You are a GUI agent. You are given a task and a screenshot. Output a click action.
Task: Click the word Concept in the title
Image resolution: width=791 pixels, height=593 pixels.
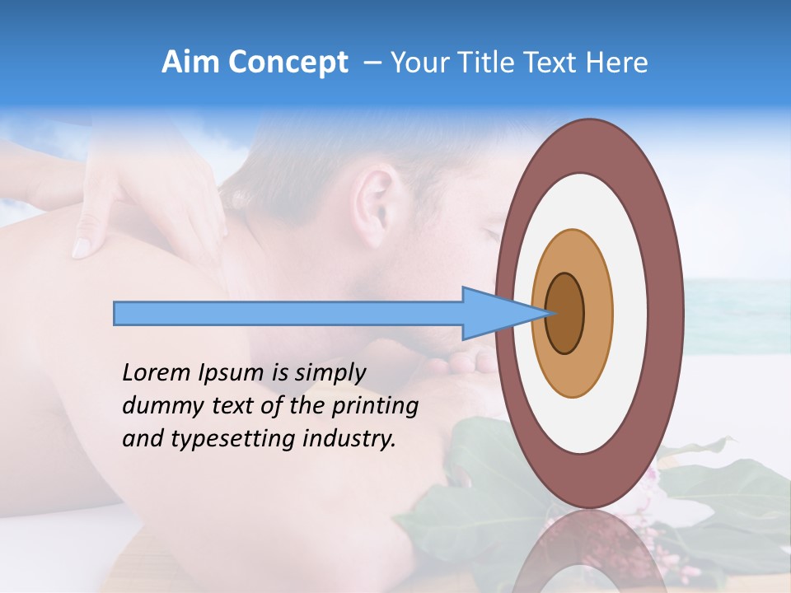(288, 63)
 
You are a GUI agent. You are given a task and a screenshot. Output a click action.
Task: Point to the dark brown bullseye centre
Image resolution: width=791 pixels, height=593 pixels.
(565, 314)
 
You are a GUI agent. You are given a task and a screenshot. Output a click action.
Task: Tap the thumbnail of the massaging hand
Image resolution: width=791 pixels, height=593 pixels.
(82, 246)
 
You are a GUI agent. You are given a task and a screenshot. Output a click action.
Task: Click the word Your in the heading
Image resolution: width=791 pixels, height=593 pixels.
(418, 63)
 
